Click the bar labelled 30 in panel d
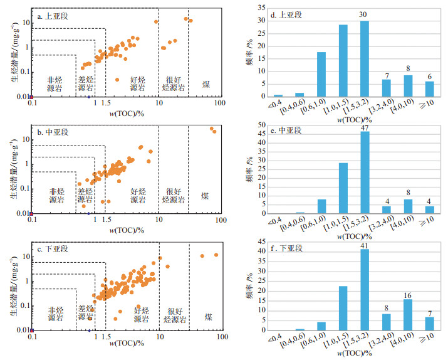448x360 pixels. pyautogui.click(x=365, y=59)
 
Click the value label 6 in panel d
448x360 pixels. pyautogui.click(x=430, y=77)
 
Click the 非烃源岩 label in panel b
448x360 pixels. pyautogui.click(x=56, y=196)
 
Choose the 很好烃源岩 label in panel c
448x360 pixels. pyautogui.click(x=174, y=314)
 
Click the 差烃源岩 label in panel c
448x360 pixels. pyautogui.click(x=87, y=314)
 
